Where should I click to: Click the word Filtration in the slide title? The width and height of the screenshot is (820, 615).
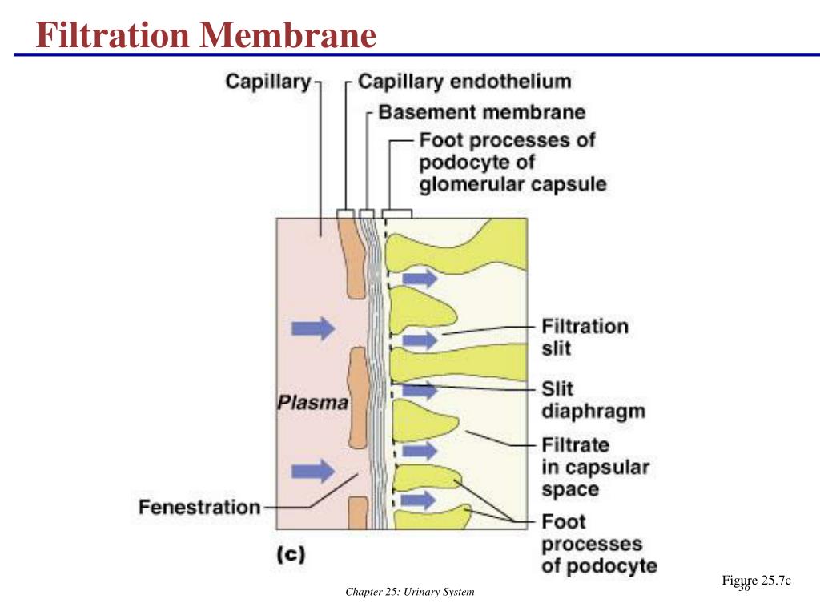click(115, 35)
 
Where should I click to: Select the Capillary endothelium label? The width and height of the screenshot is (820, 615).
click(464, 82)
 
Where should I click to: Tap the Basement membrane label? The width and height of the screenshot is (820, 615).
click(481, 112)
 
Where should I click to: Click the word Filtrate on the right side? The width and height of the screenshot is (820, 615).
click(576, 444)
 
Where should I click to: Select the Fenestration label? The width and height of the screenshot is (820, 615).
click(199, 508)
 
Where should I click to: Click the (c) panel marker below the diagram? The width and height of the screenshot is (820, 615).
click(291, 554)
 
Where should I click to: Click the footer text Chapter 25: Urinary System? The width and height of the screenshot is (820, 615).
click(410, 593)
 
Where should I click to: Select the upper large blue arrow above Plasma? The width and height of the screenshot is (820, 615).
click(312, 327)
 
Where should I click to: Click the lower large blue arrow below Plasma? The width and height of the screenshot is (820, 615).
click(312, 470)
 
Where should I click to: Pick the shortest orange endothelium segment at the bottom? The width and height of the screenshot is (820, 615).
click(357, 512)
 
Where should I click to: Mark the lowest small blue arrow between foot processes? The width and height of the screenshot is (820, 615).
click(416, 500)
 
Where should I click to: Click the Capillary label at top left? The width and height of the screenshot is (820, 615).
click(268, 82)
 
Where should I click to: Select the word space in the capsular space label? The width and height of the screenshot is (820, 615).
click(570, 489)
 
